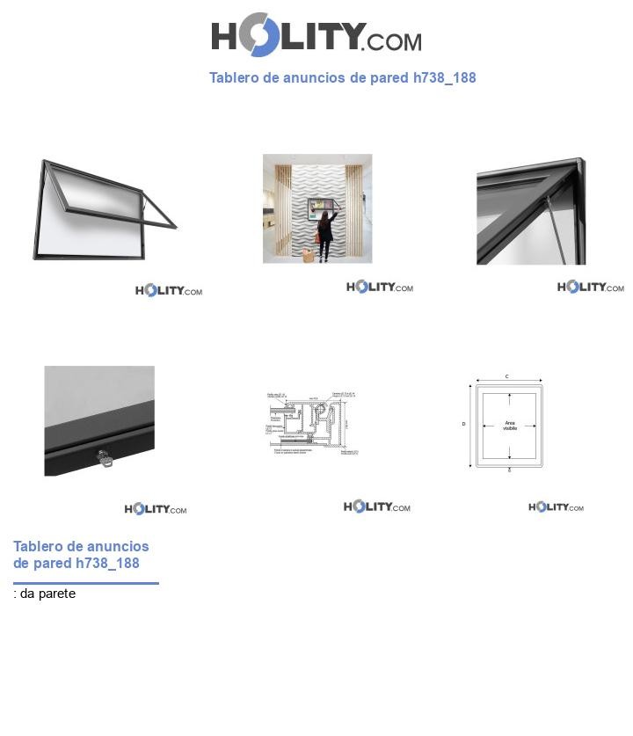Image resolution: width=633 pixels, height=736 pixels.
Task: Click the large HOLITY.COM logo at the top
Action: (x=316, y=36)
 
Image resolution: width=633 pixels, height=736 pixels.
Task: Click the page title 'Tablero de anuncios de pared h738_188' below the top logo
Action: (x=342, y=77)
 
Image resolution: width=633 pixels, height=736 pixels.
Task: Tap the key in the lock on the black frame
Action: (x=105, y=458)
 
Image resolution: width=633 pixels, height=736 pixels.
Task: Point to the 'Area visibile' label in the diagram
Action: (x=510, y=426)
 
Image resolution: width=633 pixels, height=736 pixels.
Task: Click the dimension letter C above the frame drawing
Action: (x=507, y=376)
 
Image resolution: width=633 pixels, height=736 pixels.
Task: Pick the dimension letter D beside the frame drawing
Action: (x=463, y=425)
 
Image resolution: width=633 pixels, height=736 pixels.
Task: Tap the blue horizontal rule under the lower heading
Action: (x=85, y=583)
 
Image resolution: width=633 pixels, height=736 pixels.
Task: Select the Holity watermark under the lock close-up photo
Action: (x=155, y=509)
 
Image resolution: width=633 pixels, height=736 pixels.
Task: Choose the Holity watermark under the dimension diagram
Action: (x=556, y=507)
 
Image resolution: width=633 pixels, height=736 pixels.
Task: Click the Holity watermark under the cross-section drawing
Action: (x=376, y=506)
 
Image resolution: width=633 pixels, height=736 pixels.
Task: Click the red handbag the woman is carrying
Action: (x=317, y=237)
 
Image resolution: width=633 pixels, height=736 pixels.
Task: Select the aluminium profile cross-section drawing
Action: (x=314, y=424)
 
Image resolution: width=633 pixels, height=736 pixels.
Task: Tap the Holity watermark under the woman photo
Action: (x=379, y=288)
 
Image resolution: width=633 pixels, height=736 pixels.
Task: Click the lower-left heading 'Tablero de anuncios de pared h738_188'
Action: (x=81, y=555)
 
